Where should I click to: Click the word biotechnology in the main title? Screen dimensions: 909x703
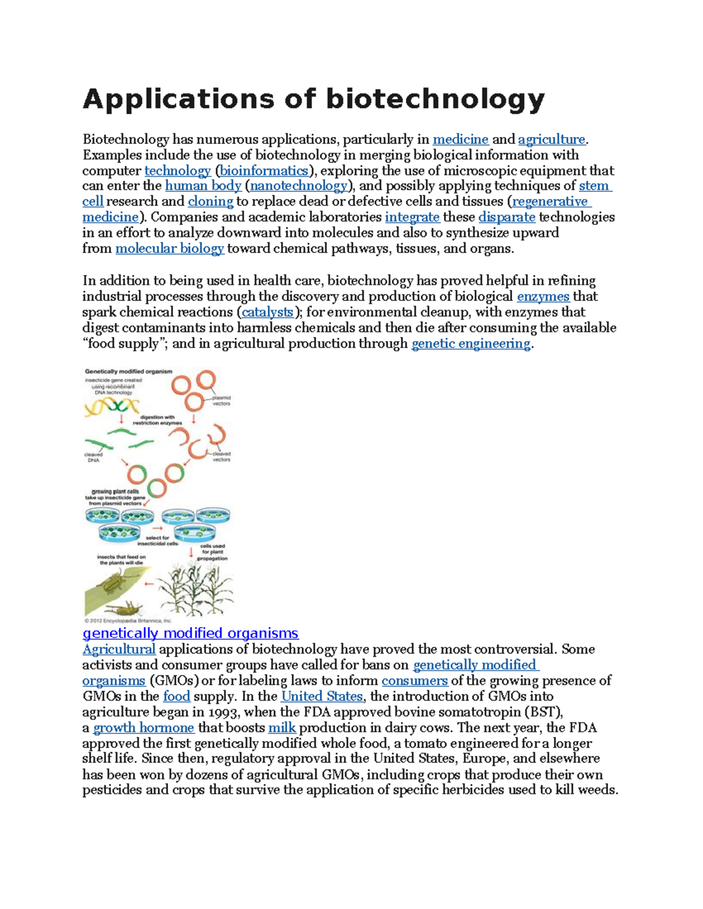pos(435,99)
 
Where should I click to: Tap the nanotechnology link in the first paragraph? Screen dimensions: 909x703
pos(298,186)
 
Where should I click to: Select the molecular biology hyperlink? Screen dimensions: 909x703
pos(169,249)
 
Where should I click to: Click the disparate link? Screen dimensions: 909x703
pos(507,217)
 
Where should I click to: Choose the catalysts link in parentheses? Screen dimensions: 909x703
pos(267,312)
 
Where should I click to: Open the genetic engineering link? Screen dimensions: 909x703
pos(471,344)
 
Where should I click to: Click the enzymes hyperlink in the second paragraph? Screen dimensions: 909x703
pos(542,296)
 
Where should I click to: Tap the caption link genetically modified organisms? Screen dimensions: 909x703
pos(190,633)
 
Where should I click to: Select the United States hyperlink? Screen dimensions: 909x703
pos(322,697)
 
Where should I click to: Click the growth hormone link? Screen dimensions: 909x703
pos(144,728)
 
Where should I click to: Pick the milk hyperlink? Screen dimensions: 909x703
pos(282,728)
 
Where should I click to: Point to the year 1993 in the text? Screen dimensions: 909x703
pos(223,712)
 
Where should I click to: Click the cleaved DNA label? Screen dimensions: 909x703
pos(93,457)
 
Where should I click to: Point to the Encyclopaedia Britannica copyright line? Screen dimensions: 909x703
pos(128,620)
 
